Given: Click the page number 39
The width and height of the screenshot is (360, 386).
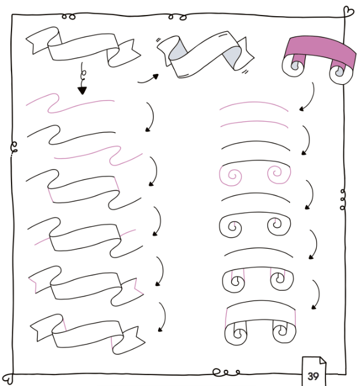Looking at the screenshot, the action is coord(313,376).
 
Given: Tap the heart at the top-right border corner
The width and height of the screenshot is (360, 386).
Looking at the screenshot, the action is coord(348,12).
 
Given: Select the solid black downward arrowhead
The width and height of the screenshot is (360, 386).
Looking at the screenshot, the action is coord(82,91).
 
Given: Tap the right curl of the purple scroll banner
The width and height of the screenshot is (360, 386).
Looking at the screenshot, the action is coord(340,73).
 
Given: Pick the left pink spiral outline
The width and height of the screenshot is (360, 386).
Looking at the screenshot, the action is coord(230,175).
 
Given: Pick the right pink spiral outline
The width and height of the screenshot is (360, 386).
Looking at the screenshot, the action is coord(279,174).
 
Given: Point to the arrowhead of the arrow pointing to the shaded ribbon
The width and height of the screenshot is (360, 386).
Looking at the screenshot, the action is coord(156,76).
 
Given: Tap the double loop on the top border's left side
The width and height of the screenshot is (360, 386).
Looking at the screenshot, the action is coord(69,17).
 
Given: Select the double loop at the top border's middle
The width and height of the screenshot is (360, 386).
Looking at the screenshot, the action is coord(178,17).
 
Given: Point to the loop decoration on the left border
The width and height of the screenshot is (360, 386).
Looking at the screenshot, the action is coord(14,147).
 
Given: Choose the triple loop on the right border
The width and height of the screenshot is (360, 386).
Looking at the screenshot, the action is coord(343,200).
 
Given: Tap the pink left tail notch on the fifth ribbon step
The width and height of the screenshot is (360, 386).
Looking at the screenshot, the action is coord(33,285).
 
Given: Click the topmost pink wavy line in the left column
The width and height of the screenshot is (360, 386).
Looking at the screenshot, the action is coord(70,103).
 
